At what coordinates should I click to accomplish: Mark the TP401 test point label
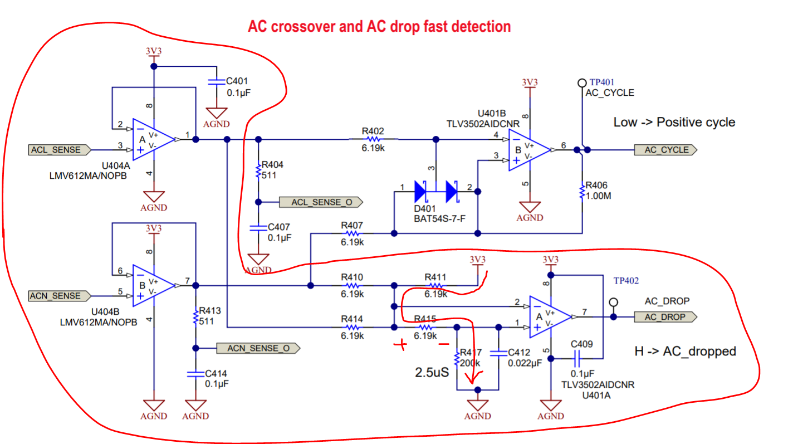pyautogui.click(x=601, y=82)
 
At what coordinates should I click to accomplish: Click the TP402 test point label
pyautogui.click(x=625, y=281)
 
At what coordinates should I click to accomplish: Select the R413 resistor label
pyautogui.click(x=210, y=311)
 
